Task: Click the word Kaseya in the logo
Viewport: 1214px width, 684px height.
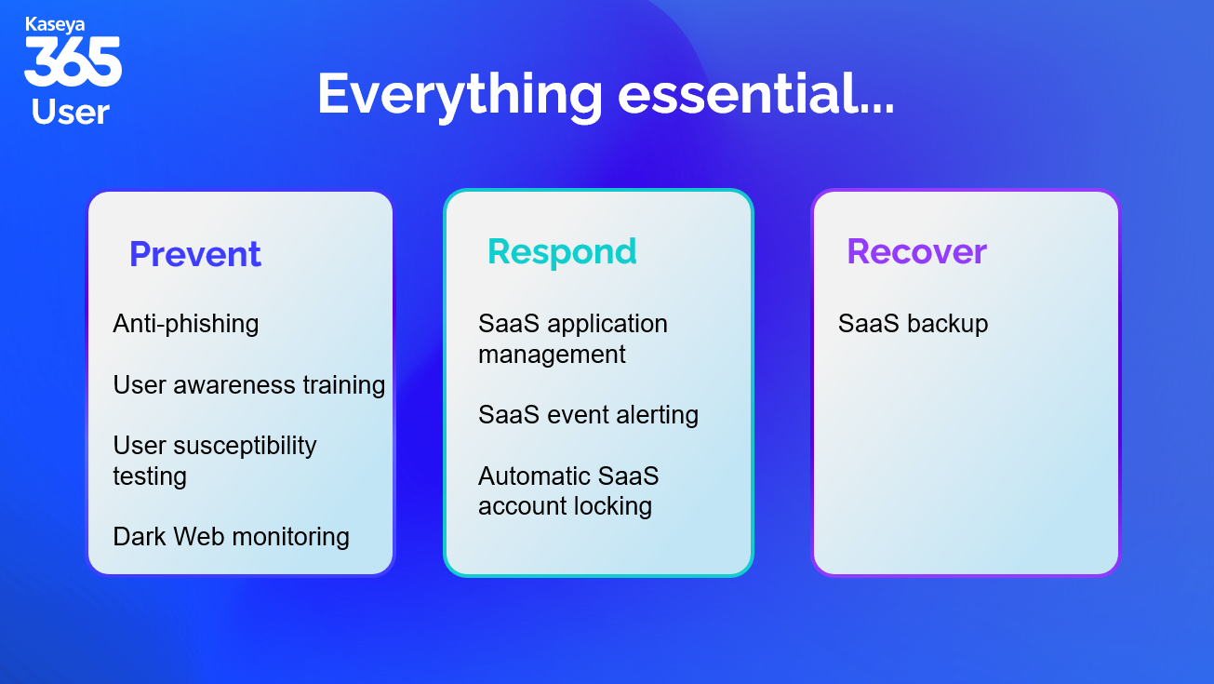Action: tap(55, 25)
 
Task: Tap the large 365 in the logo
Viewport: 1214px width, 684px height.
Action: tap(73, 61)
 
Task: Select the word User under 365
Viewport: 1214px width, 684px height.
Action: tap(71, 113)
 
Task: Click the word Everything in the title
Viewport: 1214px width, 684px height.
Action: tap(460, 96)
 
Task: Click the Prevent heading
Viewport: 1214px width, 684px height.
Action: tap(195, 254)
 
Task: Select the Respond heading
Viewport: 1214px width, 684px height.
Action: tap(562, 252)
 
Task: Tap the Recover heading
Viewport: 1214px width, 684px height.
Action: tap(917, 252)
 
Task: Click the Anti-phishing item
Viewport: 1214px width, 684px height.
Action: tap(186, 324)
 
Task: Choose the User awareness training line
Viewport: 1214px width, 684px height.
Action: tap(249, 385)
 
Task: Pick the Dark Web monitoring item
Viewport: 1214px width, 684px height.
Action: tap(232, 537)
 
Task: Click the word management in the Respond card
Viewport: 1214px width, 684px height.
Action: tap(552, 355)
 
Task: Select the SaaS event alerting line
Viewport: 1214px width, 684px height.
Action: tap(589, 415)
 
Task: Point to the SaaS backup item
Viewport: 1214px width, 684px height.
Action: tap(914, 324)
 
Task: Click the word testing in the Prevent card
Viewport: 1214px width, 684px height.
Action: tap(150, 477)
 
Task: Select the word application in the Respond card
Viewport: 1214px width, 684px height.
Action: tap(607, 325)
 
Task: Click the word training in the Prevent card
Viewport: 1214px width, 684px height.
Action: tap(344, 386)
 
